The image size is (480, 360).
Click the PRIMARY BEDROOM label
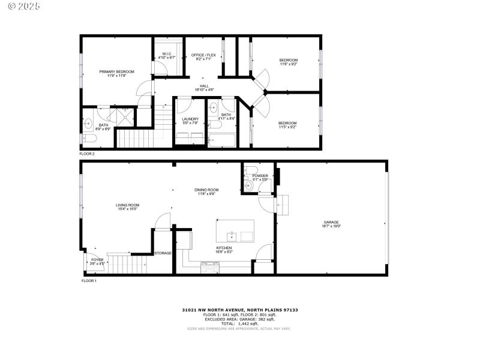[x=116, y=71]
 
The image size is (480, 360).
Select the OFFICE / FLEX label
[x=203, y=55]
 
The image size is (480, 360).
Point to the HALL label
[x=203, y=86]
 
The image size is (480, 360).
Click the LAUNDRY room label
[x=190, y=119]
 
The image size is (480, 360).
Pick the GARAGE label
[x=331, y=223]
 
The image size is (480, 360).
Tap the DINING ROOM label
[x=206, y=190]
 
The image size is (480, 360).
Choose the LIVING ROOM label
[x=127, y=205]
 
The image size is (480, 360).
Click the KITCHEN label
[x=224, y=248]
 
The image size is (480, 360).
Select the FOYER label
[x=97, y=260]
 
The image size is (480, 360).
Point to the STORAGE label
[x=163, y=253]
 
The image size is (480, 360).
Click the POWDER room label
[x=260, y=176]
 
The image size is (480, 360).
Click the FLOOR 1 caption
[x=89, y=280]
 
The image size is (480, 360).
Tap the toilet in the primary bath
[x=88, y=139]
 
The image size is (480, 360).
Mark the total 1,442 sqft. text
[x=239, y=324]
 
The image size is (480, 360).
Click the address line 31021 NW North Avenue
[x=239, y=310]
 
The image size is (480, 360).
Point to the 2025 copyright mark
[x=24, y=6]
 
